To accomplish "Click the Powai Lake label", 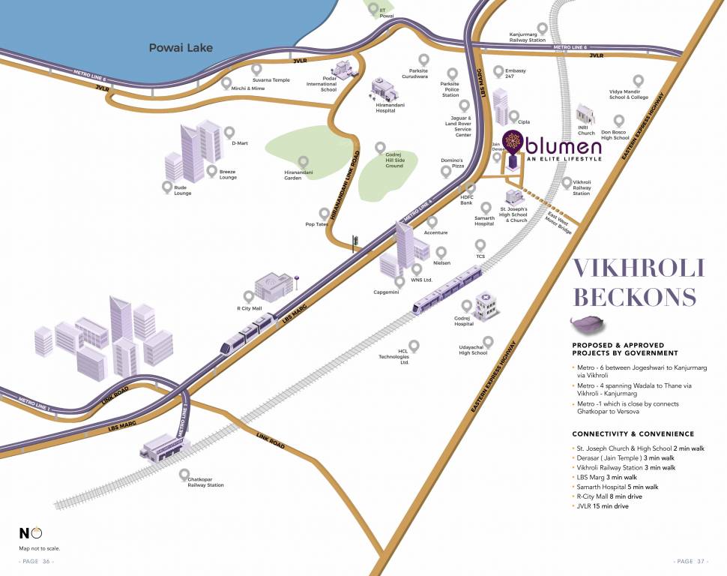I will [x=181, y=48].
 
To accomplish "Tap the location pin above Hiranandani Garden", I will [x=304, y=161].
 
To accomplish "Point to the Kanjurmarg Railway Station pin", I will [x=541, y=28].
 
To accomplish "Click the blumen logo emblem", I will [x=513, y=142].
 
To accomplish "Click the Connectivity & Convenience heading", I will [x=633, y=434].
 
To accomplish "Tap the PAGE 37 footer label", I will [x=691, y=561].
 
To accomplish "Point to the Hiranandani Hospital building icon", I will [x=384, y=90].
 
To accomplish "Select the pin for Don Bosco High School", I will [x=619, y=120].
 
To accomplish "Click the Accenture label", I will [x=435, y=232].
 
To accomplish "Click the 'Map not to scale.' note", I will [x=40, y=548].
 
